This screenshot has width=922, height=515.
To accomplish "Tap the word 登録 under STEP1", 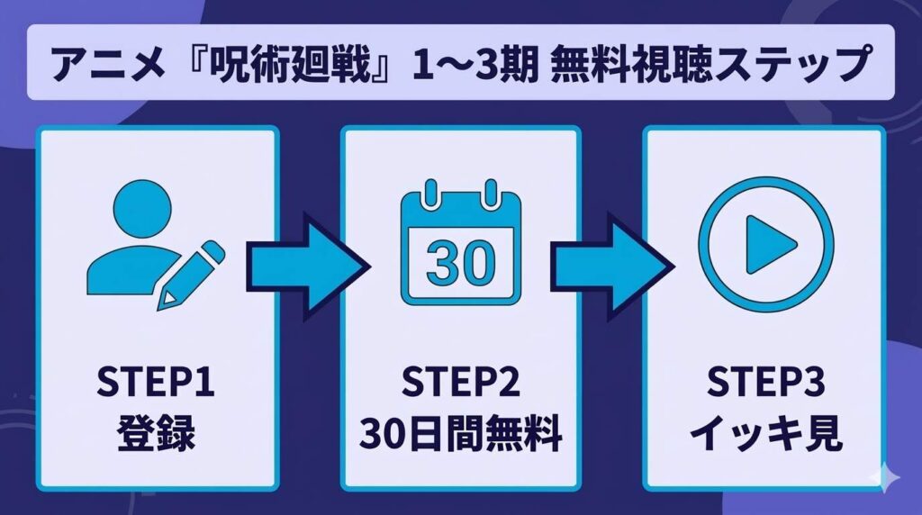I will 157,438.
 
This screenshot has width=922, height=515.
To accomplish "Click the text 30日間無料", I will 460,438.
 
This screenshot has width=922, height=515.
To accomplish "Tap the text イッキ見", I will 764,438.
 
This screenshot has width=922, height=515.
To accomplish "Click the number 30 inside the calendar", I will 460,261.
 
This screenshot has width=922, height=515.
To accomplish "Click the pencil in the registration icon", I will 194,270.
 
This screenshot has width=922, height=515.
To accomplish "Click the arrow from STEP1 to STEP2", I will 307,267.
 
